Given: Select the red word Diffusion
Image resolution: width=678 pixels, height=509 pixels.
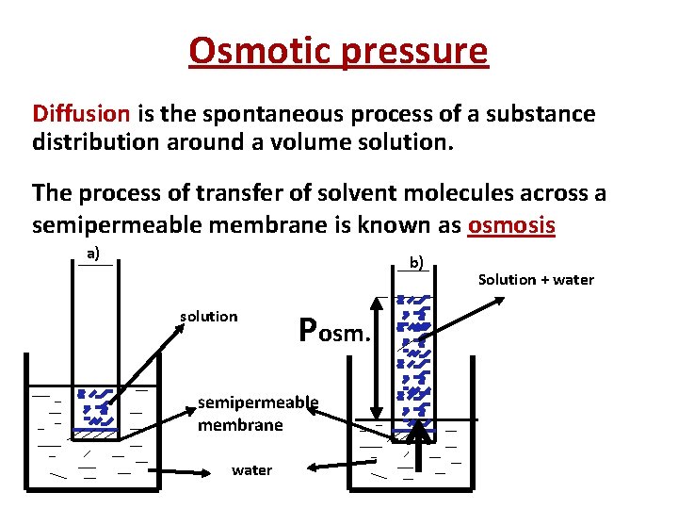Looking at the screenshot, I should [x=82, y=114].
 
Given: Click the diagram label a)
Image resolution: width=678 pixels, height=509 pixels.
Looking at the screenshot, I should [x=93, y=253].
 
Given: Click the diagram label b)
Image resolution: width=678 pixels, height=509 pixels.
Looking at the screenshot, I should [x=416, y=261].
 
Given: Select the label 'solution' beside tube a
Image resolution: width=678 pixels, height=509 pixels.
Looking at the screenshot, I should [x=208, y=316].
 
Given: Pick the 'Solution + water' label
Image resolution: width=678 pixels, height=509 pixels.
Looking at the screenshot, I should [x=536, y=279].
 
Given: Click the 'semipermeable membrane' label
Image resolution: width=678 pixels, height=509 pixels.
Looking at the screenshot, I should [x=257, y=414].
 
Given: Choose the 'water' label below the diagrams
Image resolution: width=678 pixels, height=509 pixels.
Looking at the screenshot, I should [x=251, y=469].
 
